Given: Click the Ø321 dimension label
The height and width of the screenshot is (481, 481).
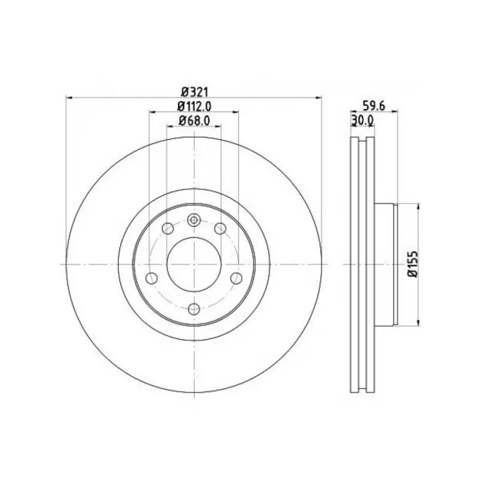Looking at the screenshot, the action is (x=195, y=91).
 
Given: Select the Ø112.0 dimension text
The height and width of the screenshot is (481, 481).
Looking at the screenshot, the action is (x=194, y=106).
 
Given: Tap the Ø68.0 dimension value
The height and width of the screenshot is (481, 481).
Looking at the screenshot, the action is (x=194, y=121).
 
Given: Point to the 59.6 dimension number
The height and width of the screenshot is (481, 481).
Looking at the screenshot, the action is (x=373, y=106).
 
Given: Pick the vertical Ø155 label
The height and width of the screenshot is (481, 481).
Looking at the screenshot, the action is (x=413, y=264).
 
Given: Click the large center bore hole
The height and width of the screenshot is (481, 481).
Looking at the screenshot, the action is (x=194, y=264).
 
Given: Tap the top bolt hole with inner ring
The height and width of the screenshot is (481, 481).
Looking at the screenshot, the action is (x=194, y=220).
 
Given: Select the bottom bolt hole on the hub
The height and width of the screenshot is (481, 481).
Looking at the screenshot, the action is (x=194, y=309).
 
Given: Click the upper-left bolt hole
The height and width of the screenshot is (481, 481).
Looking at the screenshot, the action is (x=168, y=228).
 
